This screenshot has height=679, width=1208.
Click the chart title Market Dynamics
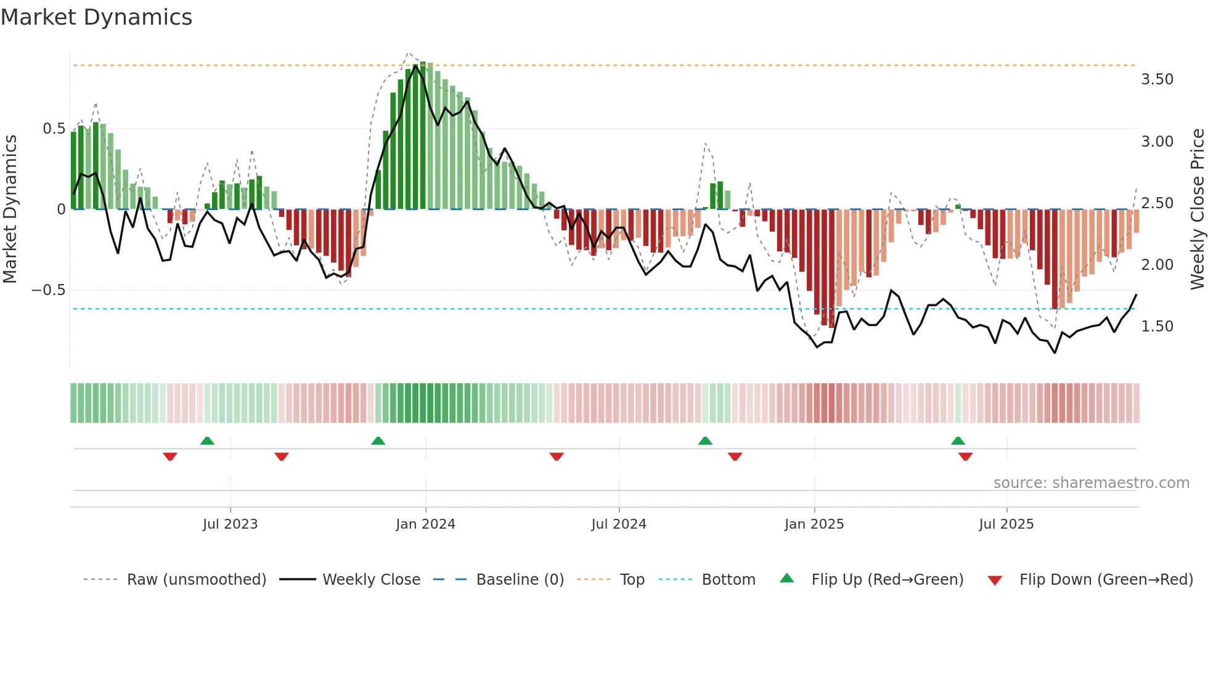click(96, 17)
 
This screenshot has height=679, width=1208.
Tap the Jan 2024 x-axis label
click(425, 524)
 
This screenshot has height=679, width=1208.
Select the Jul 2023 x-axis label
click(230, 524)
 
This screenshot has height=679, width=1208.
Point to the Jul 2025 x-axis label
click(1006, 524)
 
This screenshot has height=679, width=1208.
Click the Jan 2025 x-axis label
click(814, 524)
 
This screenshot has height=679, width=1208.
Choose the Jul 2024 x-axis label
click(618, 524)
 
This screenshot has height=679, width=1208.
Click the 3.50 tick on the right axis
click(1157, 79)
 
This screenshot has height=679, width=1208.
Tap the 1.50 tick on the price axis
click(1157, 327)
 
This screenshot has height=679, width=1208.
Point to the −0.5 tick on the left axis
click(48, 290)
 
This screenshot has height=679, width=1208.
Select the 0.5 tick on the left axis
click(54, 129)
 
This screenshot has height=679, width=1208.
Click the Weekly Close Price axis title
click(1197, 209)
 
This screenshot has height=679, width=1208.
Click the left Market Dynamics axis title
click(10, 209)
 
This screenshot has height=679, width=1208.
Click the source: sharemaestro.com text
click(1091, 483)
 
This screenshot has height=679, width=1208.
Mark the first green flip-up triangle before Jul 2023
click(207, 441)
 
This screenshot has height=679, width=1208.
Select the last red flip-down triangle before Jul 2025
click(965, 457)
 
